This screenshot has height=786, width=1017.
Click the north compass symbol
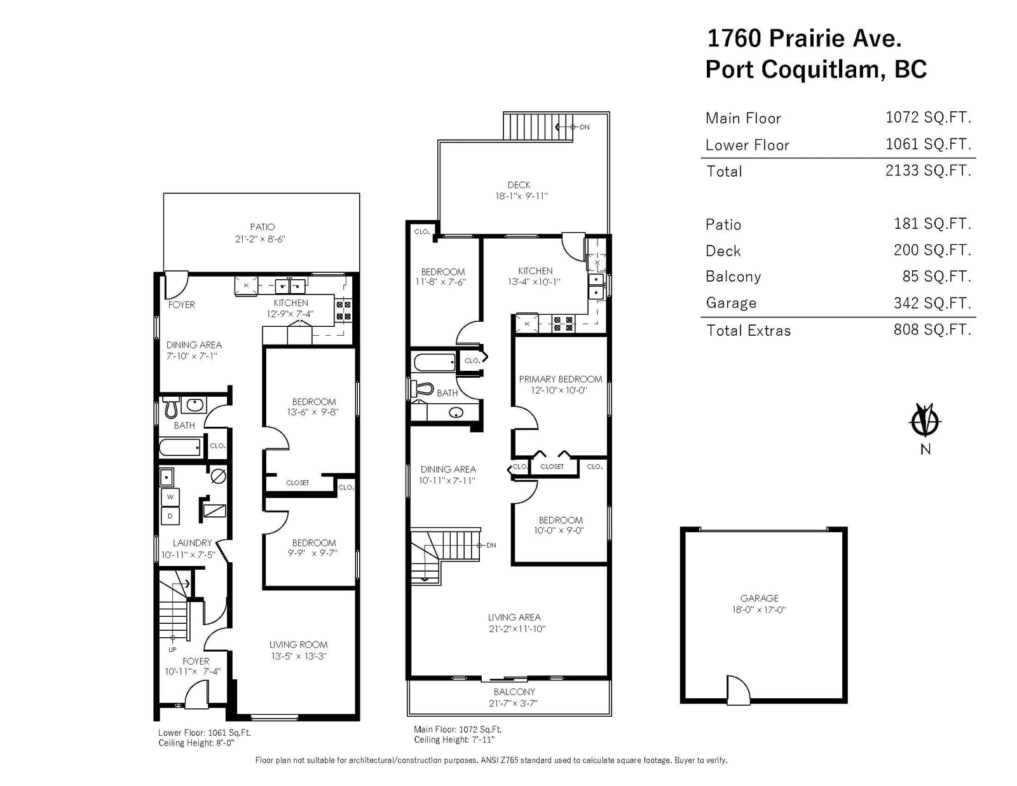[925, 420]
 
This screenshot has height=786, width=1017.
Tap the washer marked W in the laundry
[170, 497]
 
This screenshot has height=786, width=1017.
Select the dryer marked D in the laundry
[170, 516]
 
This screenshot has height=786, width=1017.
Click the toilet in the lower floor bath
[171, 408]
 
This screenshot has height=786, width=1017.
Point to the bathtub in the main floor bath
[435, 362]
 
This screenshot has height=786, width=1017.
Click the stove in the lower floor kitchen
[343, 310]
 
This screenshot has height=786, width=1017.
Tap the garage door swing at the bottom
[739, 689]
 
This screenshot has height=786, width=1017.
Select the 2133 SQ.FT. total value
[928, 170]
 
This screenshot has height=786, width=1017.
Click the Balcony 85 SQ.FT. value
[937, 276]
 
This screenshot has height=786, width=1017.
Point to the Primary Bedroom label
[560, 379]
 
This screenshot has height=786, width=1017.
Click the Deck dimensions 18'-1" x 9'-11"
[521, 196]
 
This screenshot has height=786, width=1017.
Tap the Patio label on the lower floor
[262, 227]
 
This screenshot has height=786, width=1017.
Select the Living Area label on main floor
[514, 617]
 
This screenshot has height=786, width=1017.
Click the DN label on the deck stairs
[585, 127]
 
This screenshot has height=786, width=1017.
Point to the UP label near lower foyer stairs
[172, 650]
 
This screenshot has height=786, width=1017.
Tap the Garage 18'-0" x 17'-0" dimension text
[759, 610]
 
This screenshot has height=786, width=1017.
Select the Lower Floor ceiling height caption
[196, 743]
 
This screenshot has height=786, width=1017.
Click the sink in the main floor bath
[456, 413]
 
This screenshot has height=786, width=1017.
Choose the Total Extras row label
[748, 331]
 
